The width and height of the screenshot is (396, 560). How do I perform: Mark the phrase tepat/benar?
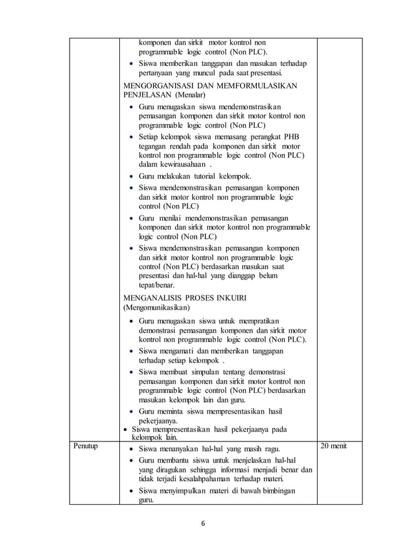(156, 286)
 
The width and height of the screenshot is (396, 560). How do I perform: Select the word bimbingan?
(277, 491)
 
